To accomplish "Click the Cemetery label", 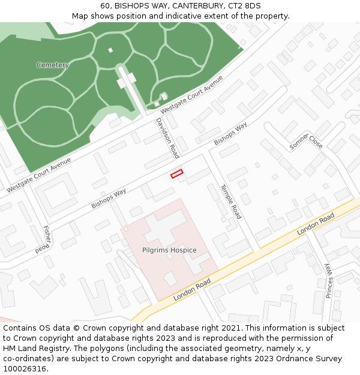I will tap(52, 65).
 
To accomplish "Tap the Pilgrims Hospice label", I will tap(169, 250).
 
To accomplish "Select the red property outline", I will tap(176, 174).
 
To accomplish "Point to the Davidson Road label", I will tap(167, 137).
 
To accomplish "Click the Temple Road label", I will tap(230, 201).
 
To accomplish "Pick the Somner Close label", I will tap(306, 142).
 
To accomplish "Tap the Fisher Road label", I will tap(47, 239).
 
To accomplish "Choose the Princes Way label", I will tap(329, 280).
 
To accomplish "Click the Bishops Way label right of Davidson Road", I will tap(230, 134).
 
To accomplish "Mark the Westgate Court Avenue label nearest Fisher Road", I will tap(39, 175).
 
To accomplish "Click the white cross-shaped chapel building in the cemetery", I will tap(127, 78).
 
